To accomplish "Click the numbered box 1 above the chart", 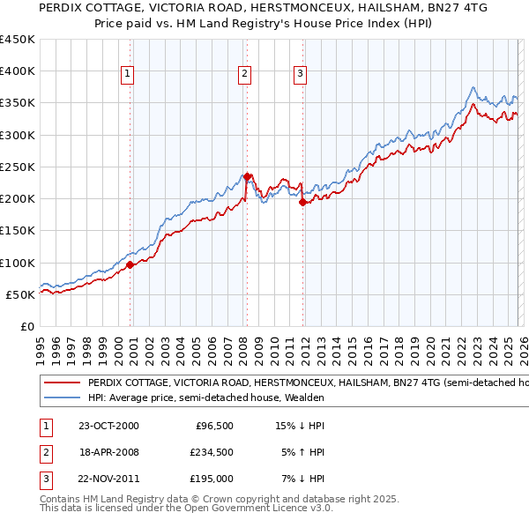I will click(x=129, y=74).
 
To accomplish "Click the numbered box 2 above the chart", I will click(x=244, y=74).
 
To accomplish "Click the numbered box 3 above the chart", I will click(x=301, y=74).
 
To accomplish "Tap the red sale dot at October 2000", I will click(x=130, y=264).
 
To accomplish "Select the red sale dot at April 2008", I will click(x=247, y=175).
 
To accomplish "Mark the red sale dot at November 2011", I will click(x=302, y=202).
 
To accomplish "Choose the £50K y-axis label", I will click(x=19, y=294).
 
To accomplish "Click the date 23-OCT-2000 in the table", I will click(x=108, y=426).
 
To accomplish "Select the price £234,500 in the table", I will click(x=210, y=452).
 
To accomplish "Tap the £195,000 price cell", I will click(x=210, y=479).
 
